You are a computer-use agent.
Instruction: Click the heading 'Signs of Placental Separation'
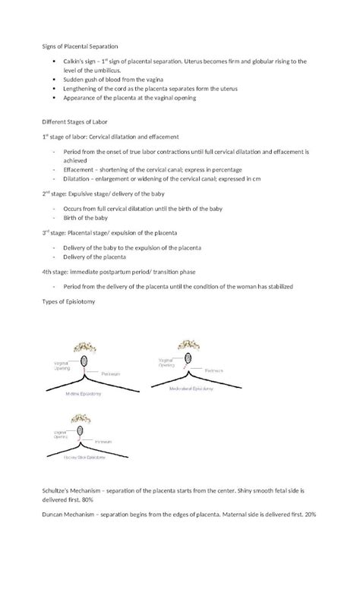(80, 47)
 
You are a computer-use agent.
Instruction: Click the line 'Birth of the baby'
(86, 216)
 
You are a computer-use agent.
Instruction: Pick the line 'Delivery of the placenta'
(94, 256)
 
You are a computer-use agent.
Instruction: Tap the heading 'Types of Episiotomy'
(71, 301)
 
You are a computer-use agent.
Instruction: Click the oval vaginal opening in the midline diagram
(81, 360)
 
